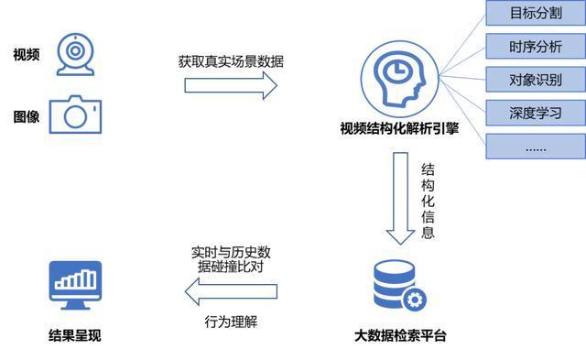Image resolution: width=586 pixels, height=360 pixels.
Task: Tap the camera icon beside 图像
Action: pyautogui.click(x=74, y=115)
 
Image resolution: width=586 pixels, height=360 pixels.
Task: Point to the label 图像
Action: pyautogui.click(x=26, y=116)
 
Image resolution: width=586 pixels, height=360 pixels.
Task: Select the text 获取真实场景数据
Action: pyautogui.click(x=231, y=62)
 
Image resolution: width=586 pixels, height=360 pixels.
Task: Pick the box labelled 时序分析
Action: pyautogui.click(x=536, y=46)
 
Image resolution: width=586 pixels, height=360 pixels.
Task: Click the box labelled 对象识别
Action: pyautogui.click(x=536, y=80)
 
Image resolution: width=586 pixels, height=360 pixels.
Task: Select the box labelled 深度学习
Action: pyautogui.click(x=536, y=113)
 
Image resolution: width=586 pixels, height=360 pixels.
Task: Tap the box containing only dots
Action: pyautogui.click(x=536, y=147)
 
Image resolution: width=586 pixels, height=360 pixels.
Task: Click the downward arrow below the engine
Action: pyautogui.click(x=400, y=197)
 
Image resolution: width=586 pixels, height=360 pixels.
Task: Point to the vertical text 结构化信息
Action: pyautogui.click(x=428, y=201)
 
